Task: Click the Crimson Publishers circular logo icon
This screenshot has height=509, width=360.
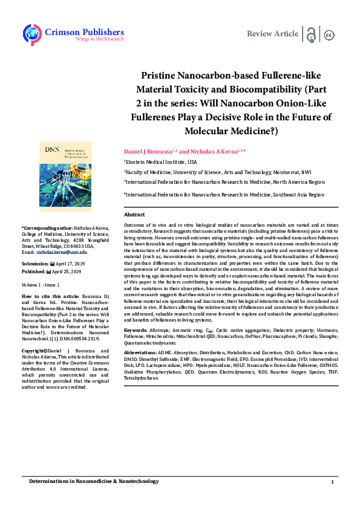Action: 32,34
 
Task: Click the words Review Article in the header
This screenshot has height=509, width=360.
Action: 272,34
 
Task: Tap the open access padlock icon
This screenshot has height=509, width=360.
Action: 311,34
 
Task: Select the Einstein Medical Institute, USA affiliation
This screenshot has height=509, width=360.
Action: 161,162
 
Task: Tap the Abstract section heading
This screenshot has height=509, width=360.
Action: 134,215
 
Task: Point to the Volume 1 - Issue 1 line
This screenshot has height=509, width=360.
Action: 41,284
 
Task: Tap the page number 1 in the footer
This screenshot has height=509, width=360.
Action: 332,482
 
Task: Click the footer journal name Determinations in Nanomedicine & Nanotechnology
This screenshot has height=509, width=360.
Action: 94,481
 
